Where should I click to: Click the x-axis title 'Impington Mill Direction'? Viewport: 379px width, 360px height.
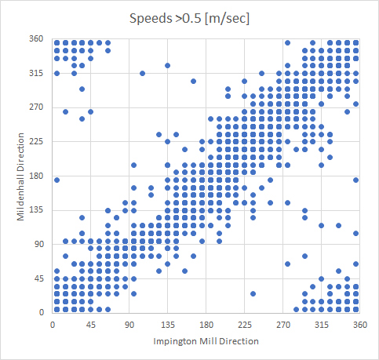[x=206, y=341]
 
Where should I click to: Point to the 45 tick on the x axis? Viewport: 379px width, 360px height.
[x=90, y=324]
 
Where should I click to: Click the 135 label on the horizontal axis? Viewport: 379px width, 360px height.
[x=167, y=324]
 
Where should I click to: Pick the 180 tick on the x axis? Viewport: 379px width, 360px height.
[x=206, y=324]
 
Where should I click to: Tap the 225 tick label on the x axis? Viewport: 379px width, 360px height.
[x=244, y=324]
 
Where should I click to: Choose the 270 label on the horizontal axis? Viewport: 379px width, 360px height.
[x=282, y=324]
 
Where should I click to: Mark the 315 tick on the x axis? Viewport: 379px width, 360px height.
[x=321, y=324]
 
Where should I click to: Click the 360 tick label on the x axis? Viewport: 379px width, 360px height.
[x=359, y=324]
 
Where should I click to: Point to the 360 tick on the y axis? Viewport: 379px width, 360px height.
[x=37, y=38]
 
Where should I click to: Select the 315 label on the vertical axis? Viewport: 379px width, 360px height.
[x=37, y=73]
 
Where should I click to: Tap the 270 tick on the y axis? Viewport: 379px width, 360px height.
[x=37, y=107]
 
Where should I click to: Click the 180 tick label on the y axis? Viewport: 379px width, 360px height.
[x=37, y=176]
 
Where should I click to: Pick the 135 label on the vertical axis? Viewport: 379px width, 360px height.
[x=37, y=210]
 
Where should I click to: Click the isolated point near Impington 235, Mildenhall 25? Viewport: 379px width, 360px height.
[x=253, y=294]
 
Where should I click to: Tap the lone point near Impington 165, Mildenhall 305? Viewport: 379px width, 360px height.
[x=193, y=81]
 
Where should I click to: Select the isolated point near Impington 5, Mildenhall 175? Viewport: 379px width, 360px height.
[x=56, y=180]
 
